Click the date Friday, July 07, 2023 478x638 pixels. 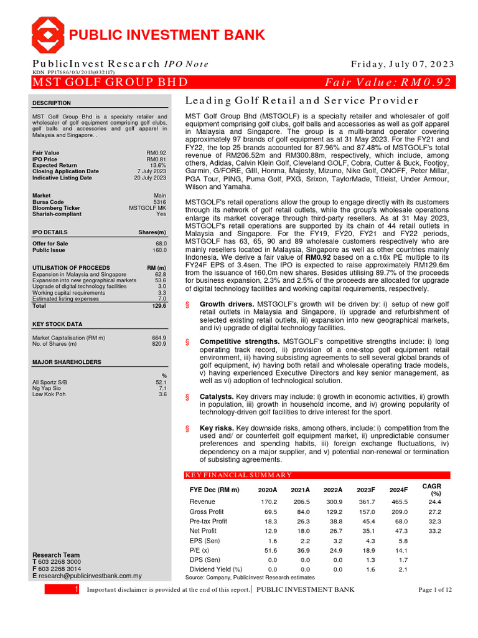coord(403,64)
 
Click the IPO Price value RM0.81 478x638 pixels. coord(156,159)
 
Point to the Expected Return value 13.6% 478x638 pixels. coord(158,165)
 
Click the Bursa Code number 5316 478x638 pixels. coord(160,202)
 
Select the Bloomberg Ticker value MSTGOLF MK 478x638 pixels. coord(148,208)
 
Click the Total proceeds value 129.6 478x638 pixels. coord(159,306)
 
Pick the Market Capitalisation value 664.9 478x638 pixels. coord(159,338)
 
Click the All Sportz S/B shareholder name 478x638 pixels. coord(48,381)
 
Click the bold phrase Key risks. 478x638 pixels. coord(216,428)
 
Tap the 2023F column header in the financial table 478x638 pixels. coord(367,490)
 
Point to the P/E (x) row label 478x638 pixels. coord(200,550)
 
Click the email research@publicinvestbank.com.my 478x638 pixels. coord(90,576)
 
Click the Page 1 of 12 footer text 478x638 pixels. coord(435,589)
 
